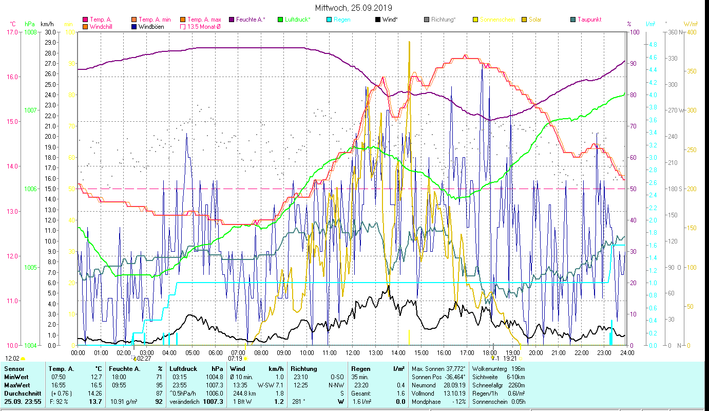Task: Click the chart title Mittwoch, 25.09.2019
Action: pos(354,8)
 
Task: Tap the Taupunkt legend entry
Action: pos(589,20)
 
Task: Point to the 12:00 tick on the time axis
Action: pos(353,353)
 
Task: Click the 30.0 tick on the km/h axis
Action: pos(50,32)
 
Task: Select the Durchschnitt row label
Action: pos(20,394)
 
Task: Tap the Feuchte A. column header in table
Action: pos(124,369)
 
